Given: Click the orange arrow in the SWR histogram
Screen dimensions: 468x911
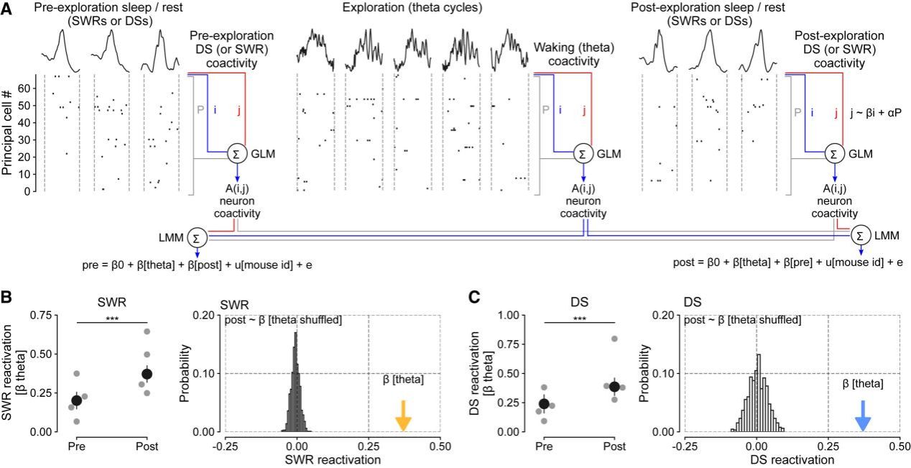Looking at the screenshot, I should pos(403,416).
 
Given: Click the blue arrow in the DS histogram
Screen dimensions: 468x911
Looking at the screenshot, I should pos(863,416).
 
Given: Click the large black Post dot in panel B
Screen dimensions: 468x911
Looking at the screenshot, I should pos(147,374).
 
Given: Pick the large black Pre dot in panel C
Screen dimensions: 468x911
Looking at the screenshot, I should pos(544,404).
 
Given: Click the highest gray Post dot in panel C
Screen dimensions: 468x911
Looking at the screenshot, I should pos(614,339).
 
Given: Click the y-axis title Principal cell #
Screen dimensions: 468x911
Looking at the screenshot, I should pos(9,133).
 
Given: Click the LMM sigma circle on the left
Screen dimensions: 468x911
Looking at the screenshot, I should pos(196,238).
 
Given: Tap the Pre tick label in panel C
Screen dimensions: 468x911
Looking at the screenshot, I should pos(544,446).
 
